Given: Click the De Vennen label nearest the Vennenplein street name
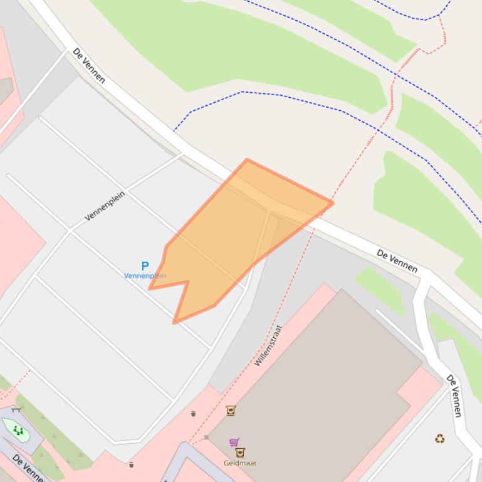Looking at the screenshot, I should [x=88, y=65].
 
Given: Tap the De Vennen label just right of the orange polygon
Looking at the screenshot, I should [x=397, y=260].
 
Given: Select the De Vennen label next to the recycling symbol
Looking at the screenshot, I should [x=454, y=396].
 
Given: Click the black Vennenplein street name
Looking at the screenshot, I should [x=105, y=206].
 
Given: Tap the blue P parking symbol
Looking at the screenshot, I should [x=145, y=266].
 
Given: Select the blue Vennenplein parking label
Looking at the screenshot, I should [x=145, y=276].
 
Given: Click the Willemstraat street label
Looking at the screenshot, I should [x=268, y=345].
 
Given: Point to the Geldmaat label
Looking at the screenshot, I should [x=239, y=463].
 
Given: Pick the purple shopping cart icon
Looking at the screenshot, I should [x=234, y=443].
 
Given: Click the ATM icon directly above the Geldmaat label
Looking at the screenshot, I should [x=239, y=453].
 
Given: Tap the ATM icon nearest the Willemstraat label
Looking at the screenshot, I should [x=230, y=411].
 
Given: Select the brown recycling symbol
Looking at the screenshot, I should [x=439, y=439].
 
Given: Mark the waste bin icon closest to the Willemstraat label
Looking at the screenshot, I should [x=193, y=413].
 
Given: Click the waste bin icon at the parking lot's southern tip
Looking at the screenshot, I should [x=131, y=464].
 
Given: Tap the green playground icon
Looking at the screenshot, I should [x=18, y=430].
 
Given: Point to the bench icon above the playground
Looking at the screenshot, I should [x=17, y=409].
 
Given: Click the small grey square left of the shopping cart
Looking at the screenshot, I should [x=206, y=437].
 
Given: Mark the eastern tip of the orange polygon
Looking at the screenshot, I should [x=332, y=202].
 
